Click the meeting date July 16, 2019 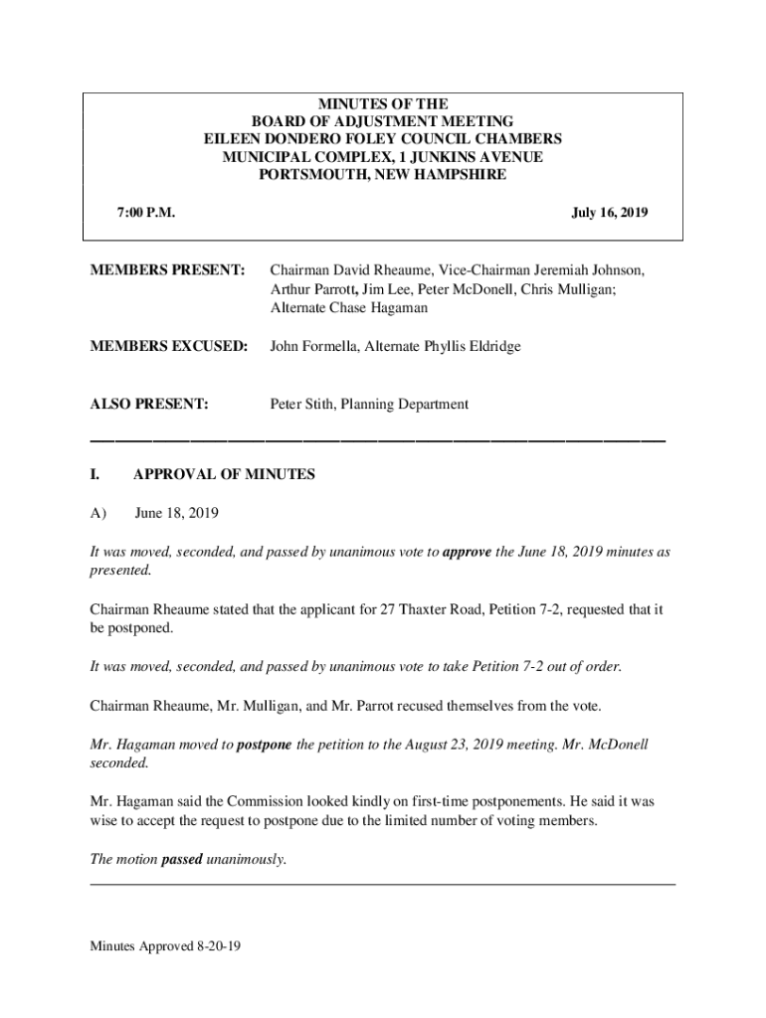tap(610, 212)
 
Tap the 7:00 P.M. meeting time tap(146, 212)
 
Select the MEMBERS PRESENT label tap(167, 270)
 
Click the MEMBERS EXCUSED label tap(168, 346)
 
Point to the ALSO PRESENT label tap(149, 405)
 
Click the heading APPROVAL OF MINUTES tap(224, 474)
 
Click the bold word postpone tap(264, 745)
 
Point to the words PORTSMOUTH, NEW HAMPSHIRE tap(382, 175)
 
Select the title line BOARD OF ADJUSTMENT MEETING tap(382, 121)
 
